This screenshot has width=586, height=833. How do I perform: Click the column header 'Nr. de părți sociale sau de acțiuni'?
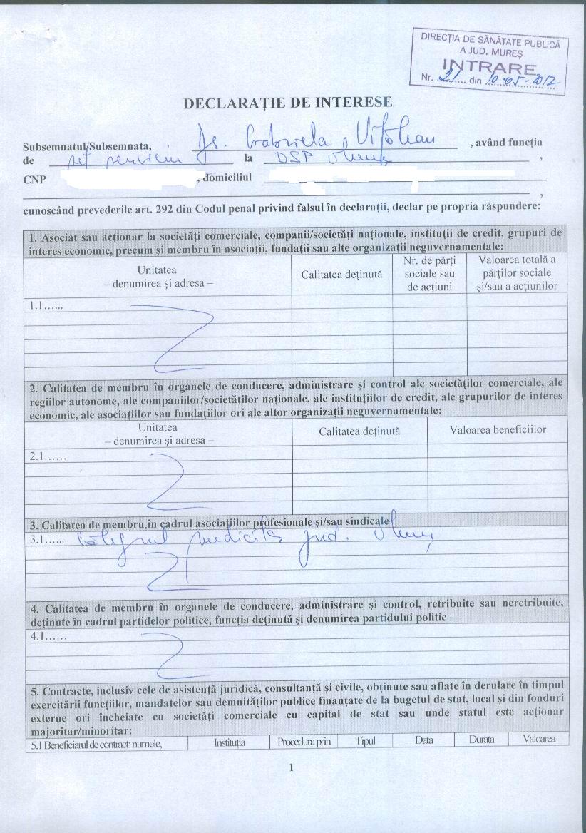click(x=428, y=273)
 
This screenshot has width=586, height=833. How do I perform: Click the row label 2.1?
click(x=45, y=455)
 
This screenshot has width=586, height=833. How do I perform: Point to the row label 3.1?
click(x=45, y=541)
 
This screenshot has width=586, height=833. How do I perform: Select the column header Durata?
click(x=481, y=740)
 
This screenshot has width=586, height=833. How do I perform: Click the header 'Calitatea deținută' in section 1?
click(x=341, y=274)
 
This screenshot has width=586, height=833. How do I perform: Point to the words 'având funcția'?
click(x=505, y=142)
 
